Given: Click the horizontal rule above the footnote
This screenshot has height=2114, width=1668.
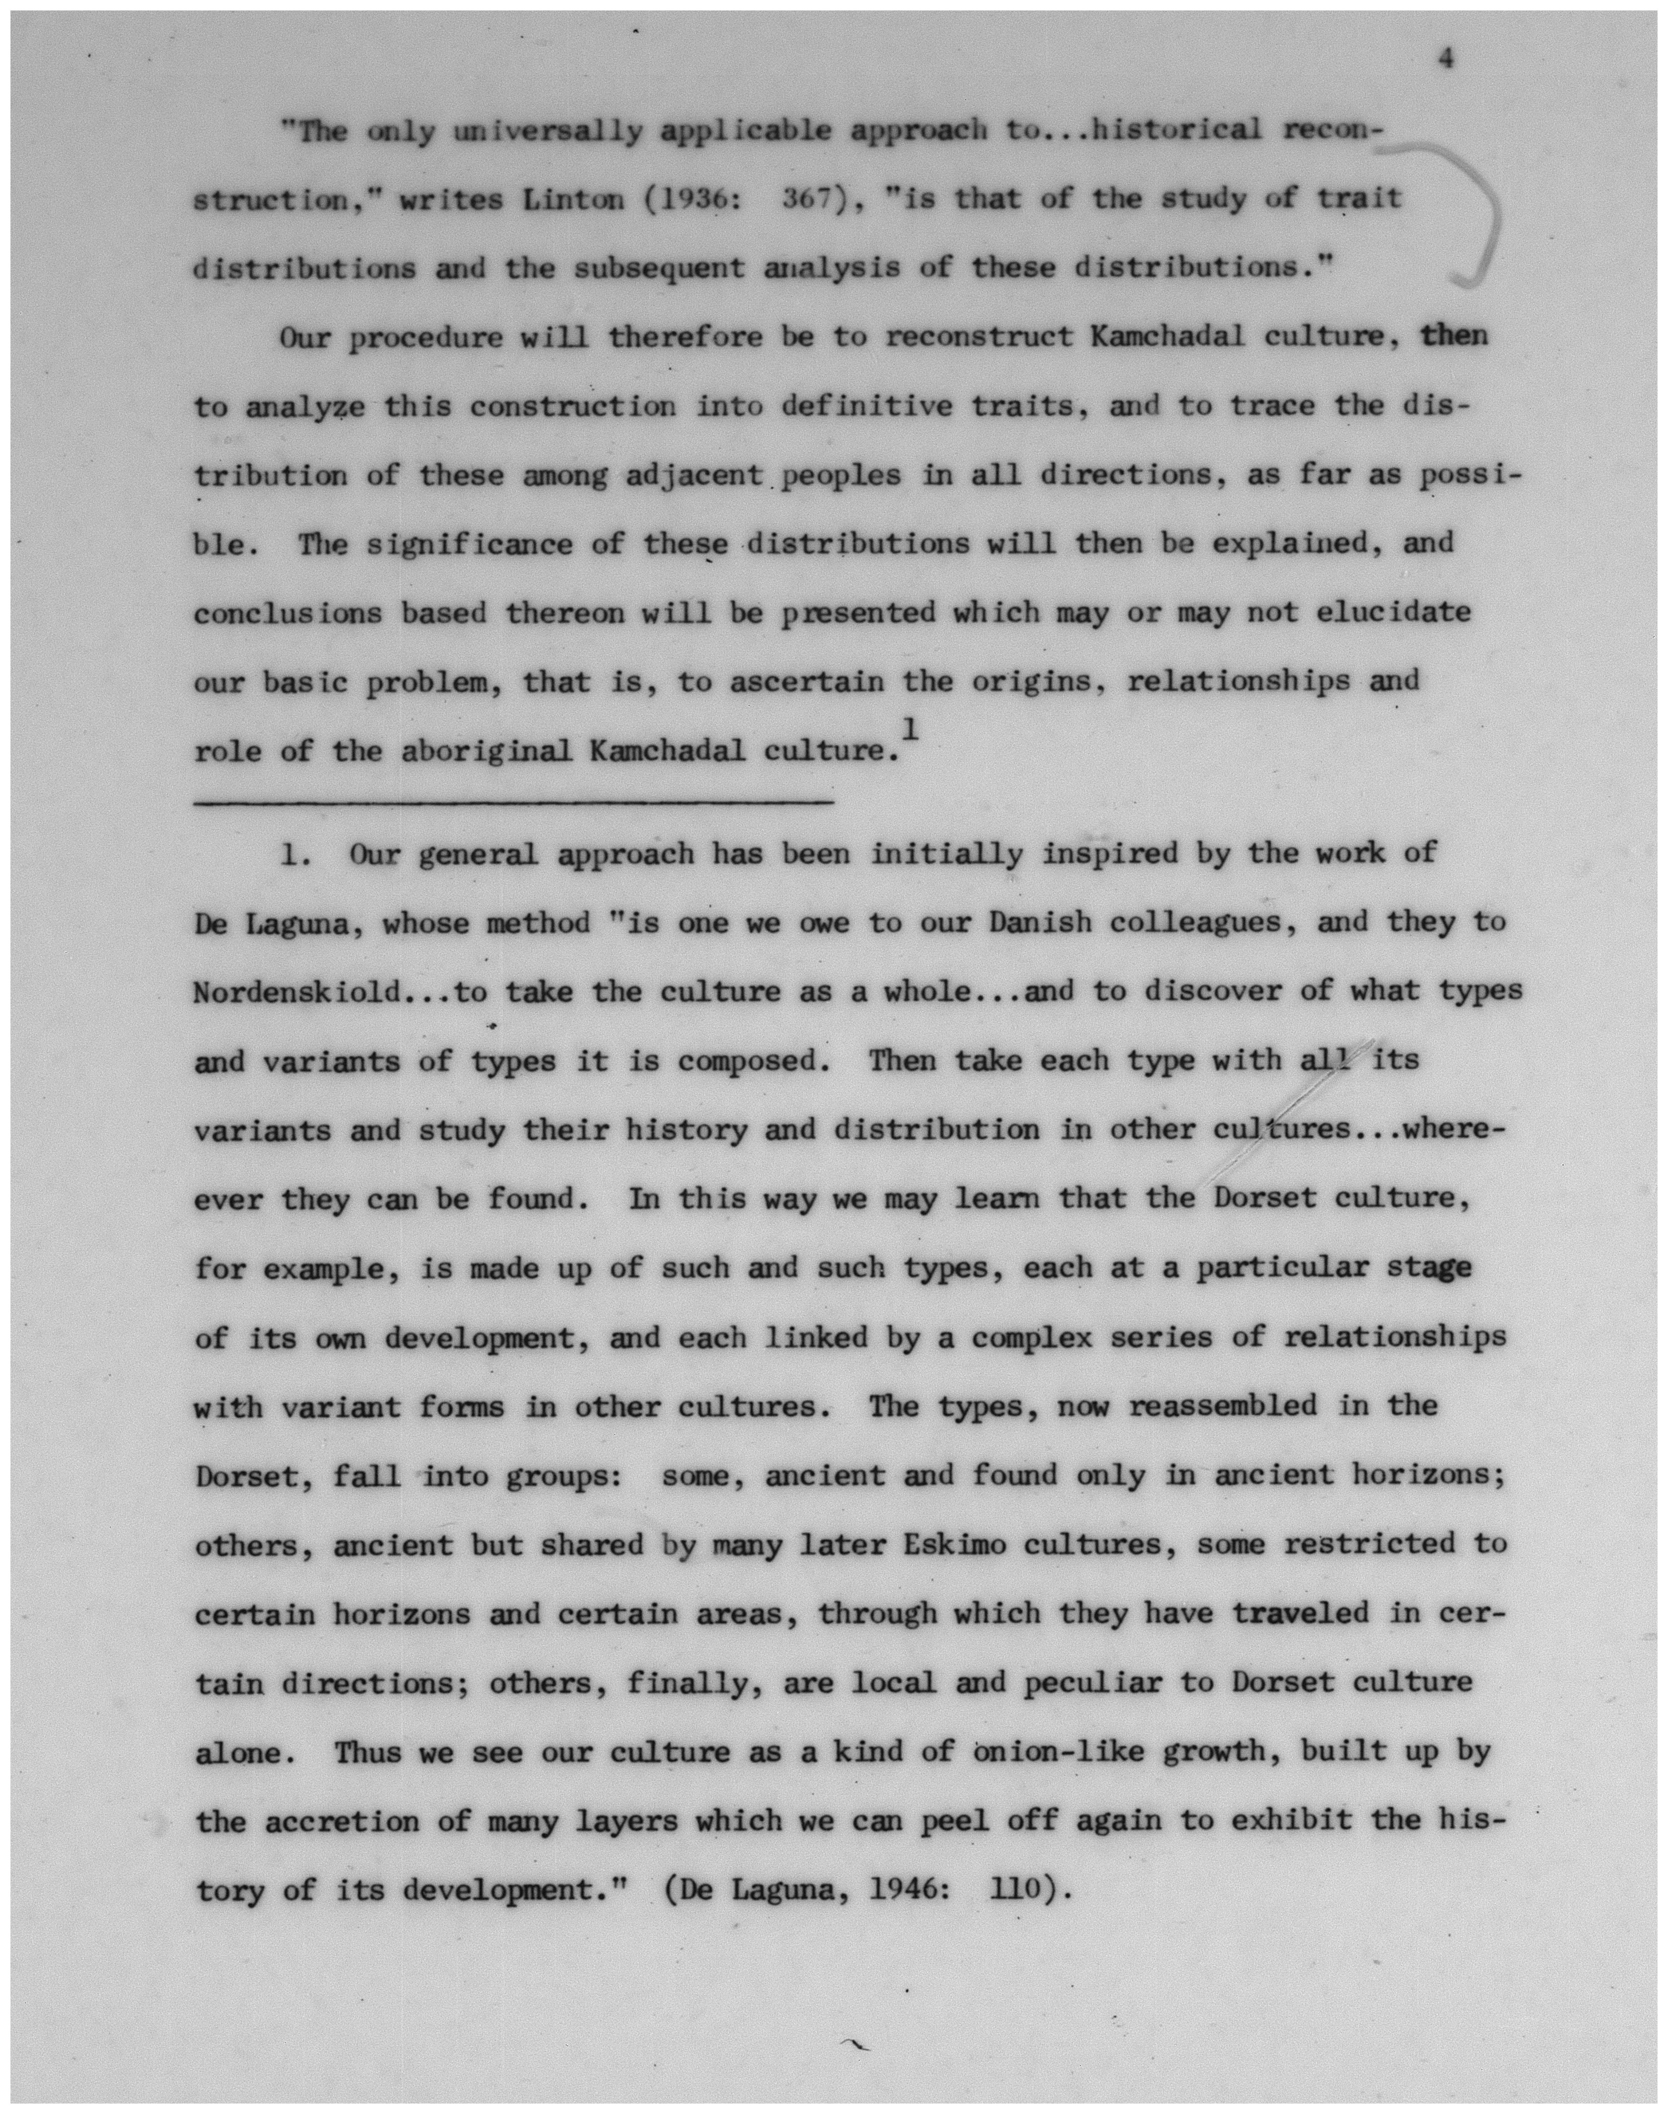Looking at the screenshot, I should tap(515, 803).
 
